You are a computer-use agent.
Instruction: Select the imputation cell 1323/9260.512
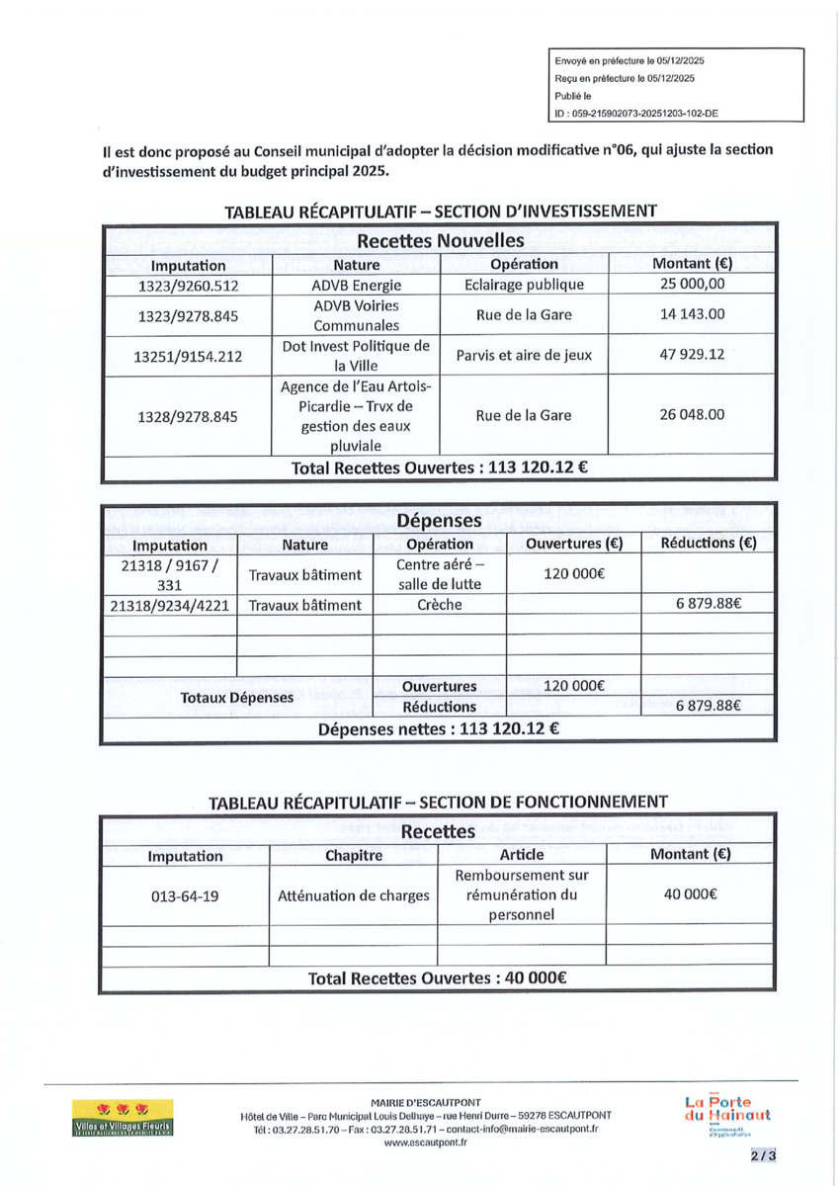point(188,286)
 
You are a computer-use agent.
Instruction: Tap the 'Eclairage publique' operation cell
point(524,285)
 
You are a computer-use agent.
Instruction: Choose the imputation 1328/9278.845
point(188,416)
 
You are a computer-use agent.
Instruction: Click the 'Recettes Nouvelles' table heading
point(440,240)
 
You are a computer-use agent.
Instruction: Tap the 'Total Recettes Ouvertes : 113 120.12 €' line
point(440,467)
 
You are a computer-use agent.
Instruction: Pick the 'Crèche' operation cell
point(439,605)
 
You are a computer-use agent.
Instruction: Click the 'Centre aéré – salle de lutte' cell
point(439,574)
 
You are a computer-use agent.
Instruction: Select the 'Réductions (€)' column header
point(708,544)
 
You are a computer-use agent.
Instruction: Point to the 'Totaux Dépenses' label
point(237,698)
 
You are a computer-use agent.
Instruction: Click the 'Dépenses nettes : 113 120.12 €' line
point(440,730)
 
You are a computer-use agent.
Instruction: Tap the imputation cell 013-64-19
point(185,896)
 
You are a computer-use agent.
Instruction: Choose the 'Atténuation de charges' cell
point(353,896)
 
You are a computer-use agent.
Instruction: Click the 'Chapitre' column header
point(353,856)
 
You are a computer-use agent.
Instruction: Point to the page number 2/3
point(762,1154)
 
